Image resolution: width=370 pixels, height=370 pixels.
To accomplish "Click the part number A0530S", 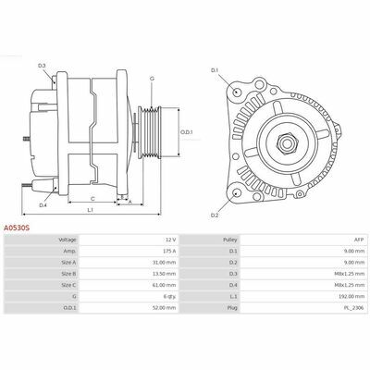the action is (x=17, y=228).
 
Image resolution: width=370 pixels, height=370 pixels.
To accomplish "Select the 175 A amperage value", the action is (x=169, y=251).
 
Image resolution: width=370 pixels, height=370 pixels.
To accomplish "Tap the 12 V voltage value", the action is (x=170, y=240).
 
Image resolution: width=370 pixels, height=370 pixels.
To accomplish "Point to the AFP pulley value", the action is (x=360, y=240).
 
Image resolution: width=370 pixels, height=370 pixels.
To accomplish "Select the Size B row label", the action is (x=68, y=274).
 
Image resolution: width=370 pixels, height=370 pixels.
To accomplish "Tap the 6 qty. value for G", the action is (x=170, y=296).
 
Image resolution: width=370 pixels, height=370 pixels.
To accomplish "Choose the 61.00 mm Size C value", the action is (x=166, y=285).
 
